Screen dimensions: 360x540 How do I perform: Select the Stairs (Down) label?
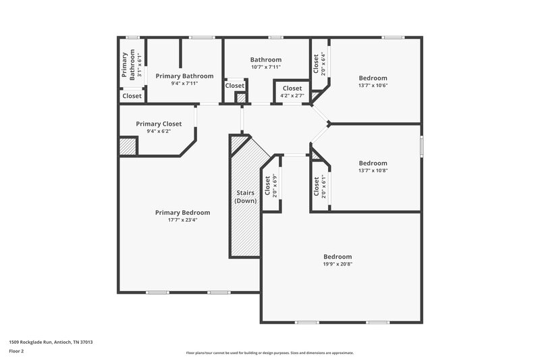point(244,197)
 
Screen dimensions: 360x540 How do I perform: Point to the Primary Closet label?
point(159,124)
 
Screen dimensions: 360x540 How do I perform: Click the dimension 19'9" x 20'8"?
point(337,264)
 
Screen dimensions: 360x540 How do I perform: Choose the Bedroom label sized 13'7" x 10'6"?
point(373,78)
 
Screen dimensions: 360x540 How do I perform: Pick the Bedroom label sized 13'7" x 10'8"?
point(373,163)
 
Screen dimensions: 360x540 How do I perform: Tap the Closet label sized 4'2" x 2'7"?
point(292,88)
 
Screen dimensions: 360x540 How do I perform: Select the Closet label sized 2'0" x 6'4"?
point(316,63)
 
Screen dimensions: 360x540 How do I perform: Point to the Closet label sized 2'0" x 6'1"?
point(316,186)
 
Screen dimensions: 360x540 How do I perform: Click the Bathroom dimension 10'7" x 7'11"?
point(265,67)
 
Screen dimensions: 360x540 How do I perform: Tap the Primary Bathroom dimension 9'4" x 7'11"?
point(184,83)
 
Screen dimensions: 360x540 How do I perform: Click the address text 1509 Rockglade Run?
point(51,342)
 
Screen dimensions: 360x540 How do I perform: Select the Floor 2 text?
point(16,351)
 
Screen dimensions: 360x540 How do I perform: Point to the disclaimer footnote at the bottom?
point(269,353)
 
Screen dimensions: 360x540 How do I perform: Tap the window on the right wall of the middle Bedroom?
point(421,145)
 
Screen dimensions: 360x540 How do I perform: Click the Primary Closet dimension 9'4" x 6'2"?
point(159,131)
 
